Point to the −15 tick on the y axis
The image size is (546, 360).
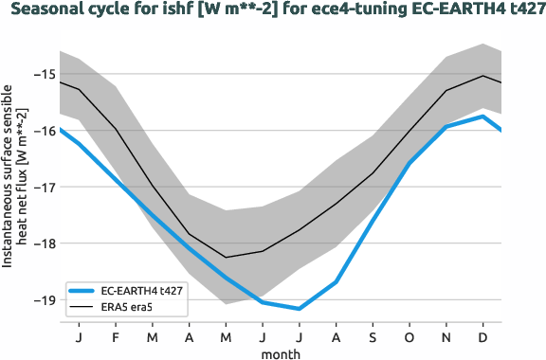click(x=42, y=75)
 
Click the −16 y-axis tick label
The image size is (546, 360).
click(x=42, y=131)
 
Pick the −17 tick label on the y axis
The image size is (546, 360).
click(x=42, y=187)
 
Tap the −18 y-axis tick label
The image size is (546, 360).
click(x=42, y=243)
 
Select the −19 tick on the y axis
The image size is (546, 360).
click(x=42, y=299)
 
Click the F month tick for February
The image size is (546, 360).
click(x=116, y=337)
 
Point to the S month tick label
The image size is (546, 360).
click(x=373, y=337)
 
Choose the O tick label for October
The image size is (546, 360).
click(x=409, y=337)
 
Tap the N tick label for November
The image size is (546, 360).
click(x=446, y=337)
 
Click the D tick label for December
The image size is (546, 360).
click(x=483, y=337)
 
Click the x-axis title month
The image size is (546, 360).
click(x=282, y=352)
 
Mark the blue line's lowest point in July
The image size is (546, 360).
click(x=300, y=309)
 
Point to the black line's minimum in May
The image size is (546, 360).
click(x=226, y=257)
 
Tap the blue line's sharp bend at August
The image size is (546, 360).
click(x=337, y=282)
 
